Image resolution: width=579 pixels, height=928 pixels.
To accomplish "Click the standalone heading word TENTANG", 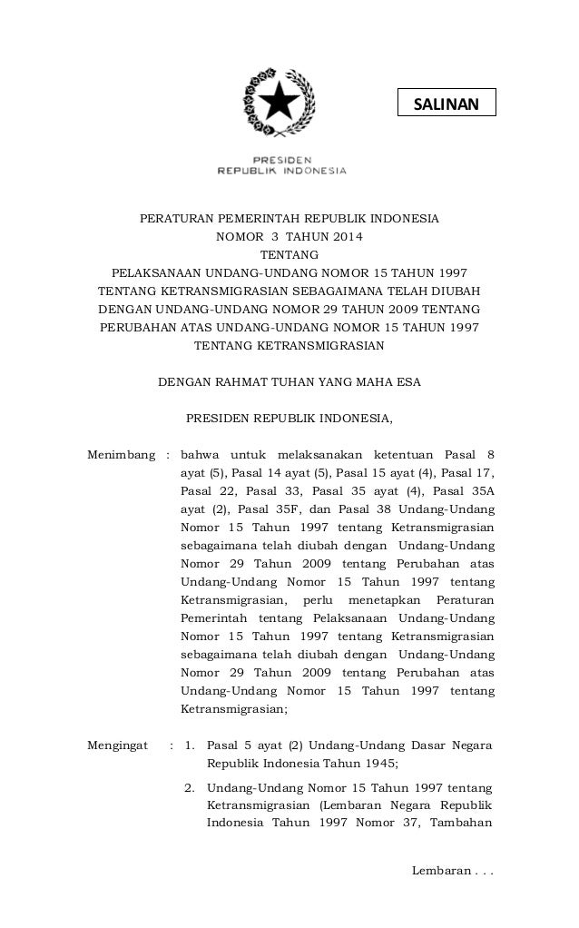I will [289, 254].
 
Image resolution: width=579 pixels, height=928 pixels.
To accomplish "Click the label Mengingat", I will [117, 745].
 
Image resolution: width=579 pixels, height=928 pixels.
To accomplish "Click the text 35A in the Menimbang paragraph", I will [479, 490].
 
